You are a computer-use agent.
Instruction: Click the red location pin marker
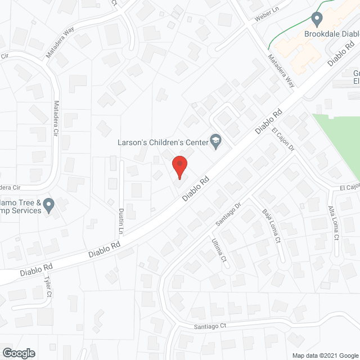tap(179, 166)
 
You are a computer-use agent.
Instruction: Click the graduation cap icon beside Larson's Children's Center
tap(215, 141)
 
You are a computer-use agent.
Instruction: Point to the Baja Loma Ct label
tap(271, 226)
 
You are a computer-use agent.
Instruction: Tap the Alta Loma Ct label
tap(333, 223)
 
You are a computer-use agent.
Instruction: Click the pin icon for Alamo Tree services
tap(49, 206)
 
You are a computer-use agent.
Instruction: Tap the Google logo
tap(18, 353)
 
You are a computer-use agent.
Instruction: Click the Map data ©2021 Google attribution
tap(324, 355)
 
